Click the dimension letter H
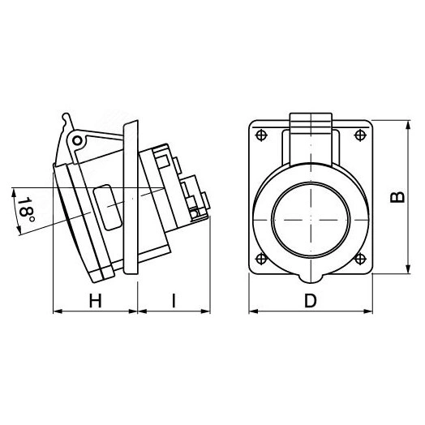[96, 301]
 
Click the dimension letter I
[174, 301]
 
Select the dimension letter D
[311, 301]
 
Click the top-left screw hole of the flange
[261, 135]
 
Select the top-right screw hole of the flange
[360, 135]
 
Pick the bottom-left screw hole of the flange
[261, 258]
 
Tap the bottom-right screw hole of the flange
[360, 258]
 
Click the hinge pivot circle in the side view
[77, 140]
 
